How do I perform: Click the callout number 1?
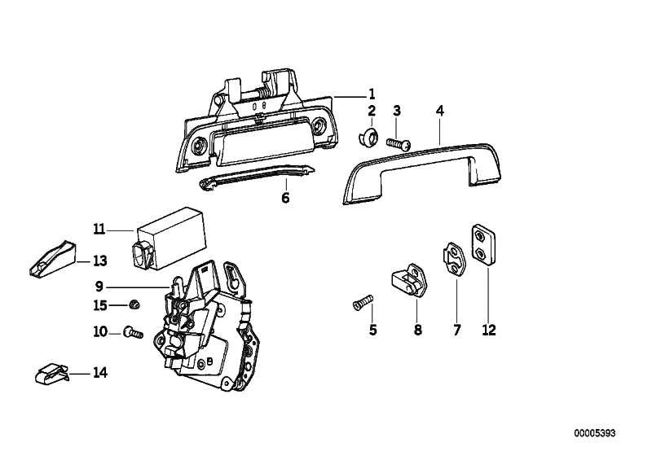pos(372,94)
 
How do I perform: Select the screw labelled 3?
pos(399,144)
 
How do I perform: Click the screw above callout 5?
pos(363,302)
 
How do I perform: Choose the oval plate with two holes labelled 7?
pos(455,259)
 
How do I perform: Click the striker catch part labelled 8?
pos(409,280)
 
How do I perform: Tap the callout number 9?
pos(99,287)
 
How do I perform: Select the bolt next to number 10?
pos(133,332)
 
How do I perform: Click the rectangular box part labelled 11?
pos(169,239)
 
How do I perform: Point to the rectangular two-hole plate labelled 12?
pos(483,245)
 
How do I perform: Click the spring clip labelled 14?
pos(51,374)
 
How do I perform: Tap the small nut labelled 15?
pos(134,304)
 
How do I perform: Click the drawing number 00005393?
pos(595,433)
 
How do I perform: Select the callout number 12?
pos(489,330)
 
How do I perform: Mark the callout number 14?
pos(99,373)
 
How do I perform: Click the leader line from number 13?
pos(83,262)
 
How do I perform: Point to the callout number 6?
pos(285,198)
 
